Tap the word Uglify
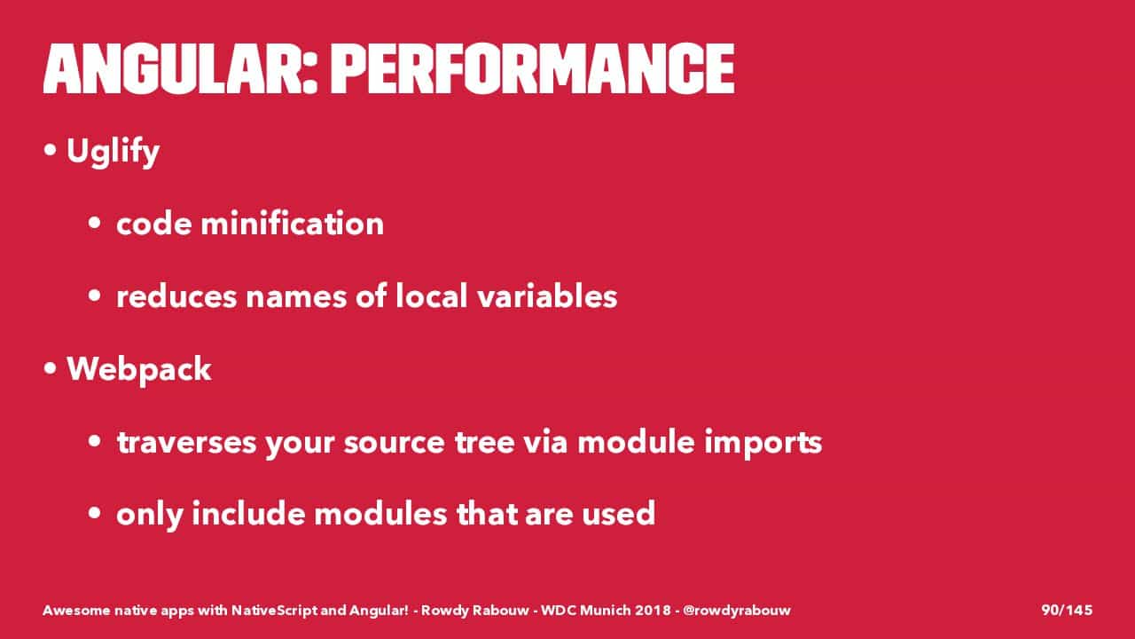tap(113, 152)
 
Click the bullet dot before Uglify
tap(50, 150)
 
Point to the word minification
tap(293, 223)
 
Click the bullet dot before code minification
tap(94, 223)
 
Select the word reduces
tap(176, 296)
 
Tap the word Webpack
tap(139, 370)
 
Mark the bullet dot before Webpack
tap(50, 368)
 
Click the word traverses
tap(186, 442)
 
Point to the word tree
tap(484, 442)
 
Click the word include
tap(248, 513)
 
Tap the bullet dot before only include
tap(94, 513)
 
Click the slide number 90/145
tap(1067, 610)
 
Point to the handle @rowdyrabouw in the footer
tap(737, 611)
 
